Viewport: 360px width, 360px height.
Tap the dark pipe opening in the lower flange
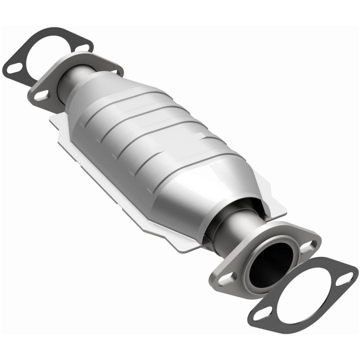coord(270,265)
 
